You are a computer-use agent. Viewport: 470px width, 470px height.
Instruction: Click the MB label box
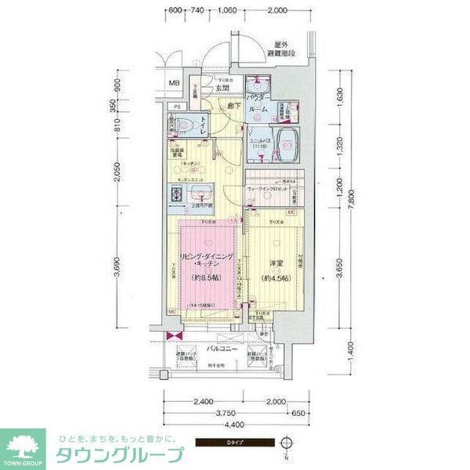[176, 83]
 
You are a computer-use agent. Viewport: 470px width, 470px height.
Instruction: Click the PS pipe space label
[177, 107]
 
